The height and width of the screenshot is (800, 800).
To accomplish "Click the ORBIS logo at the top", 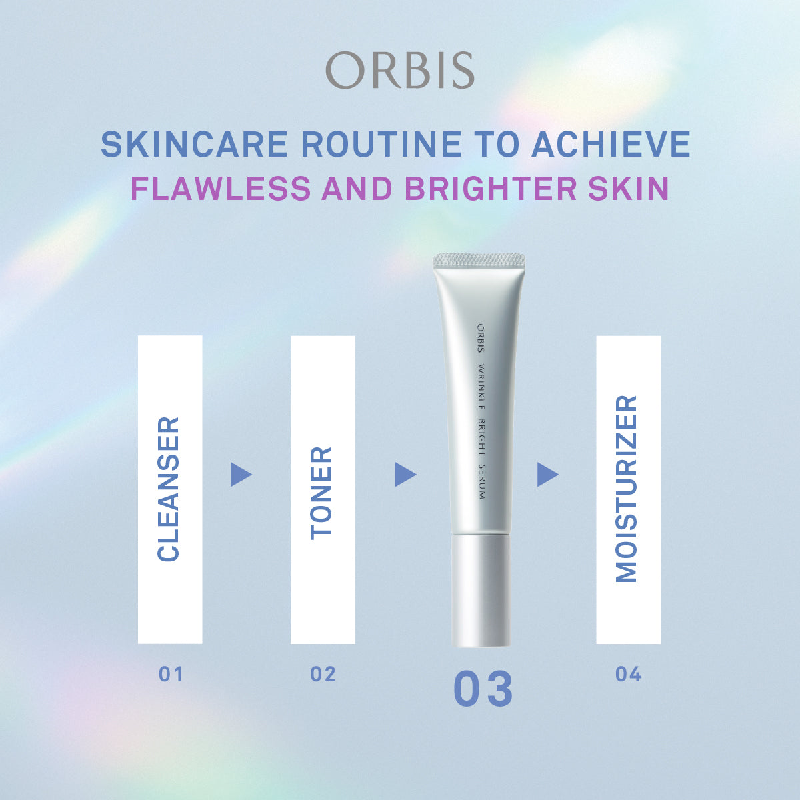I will (400, 70).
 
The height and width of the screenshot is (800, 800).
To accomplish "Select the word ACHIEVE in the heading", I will (611, 145).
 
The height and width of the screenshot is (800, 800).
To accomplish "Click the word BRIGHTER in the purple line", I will (490, 189).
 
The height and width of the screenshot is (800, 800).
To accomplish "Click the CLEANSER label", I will (169, 489).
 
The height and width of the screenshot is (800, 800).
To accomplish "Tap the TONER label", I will (322, 493).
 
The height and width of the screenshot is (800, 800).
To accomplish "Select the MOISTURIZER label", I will (627, 489).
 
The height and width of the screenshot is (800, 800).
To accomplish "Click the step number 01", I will (171, 675).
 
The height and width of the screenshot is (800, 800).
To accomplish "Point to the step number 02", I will (323, 675).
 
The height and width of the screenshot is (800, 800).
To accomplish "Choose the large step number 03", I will (483, 690).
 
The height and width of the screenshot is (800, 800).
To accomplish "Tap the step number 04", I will (628, 675).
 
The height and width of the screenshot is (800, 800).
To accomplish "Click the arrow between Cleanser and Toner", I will (240, 475).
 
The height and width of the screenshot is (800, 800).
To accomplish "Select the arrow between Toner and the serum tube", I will (405, 475).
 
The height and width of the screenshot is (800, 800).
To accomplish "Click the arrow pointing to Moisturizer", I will (547, 475).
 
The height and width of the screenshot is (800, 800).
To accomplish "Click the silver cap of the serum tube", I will (482, 590).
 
